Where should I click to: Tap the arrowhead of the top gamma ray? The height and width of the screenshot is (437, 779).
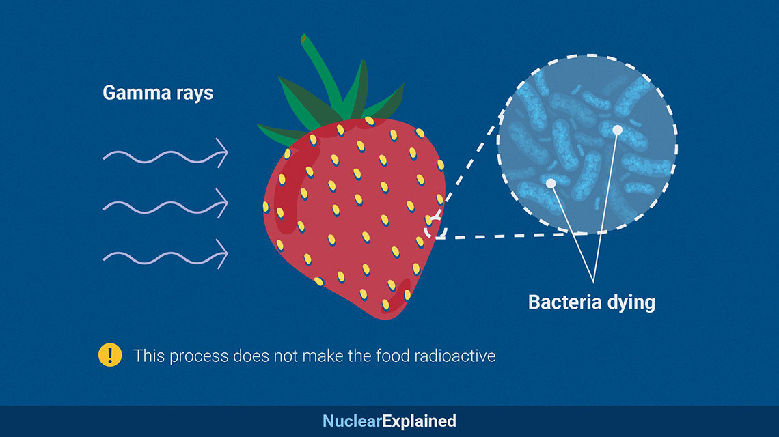tap(223, 153)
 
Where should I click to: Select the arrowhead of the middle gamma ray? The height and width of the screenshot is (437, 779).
tap(223, 203)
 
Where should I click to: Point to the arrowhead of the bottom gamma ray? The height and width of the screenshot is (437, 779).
tap(223, 254)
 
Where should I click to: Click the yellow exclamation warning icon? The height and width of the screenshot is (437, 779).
tap(110, 355)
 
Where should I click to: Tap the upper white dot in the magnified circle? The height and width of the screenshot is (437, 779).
tap(617, 130)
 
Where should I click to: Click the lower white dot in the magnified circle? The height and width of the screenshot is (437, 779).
tap(550, 183)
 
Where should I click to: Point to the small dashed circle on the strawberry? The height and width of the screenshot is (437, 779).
tap(435, 228)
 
